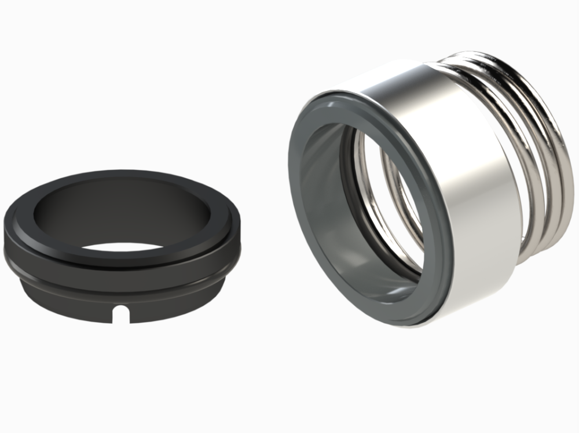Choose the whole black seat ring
(x=122, y=243)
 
